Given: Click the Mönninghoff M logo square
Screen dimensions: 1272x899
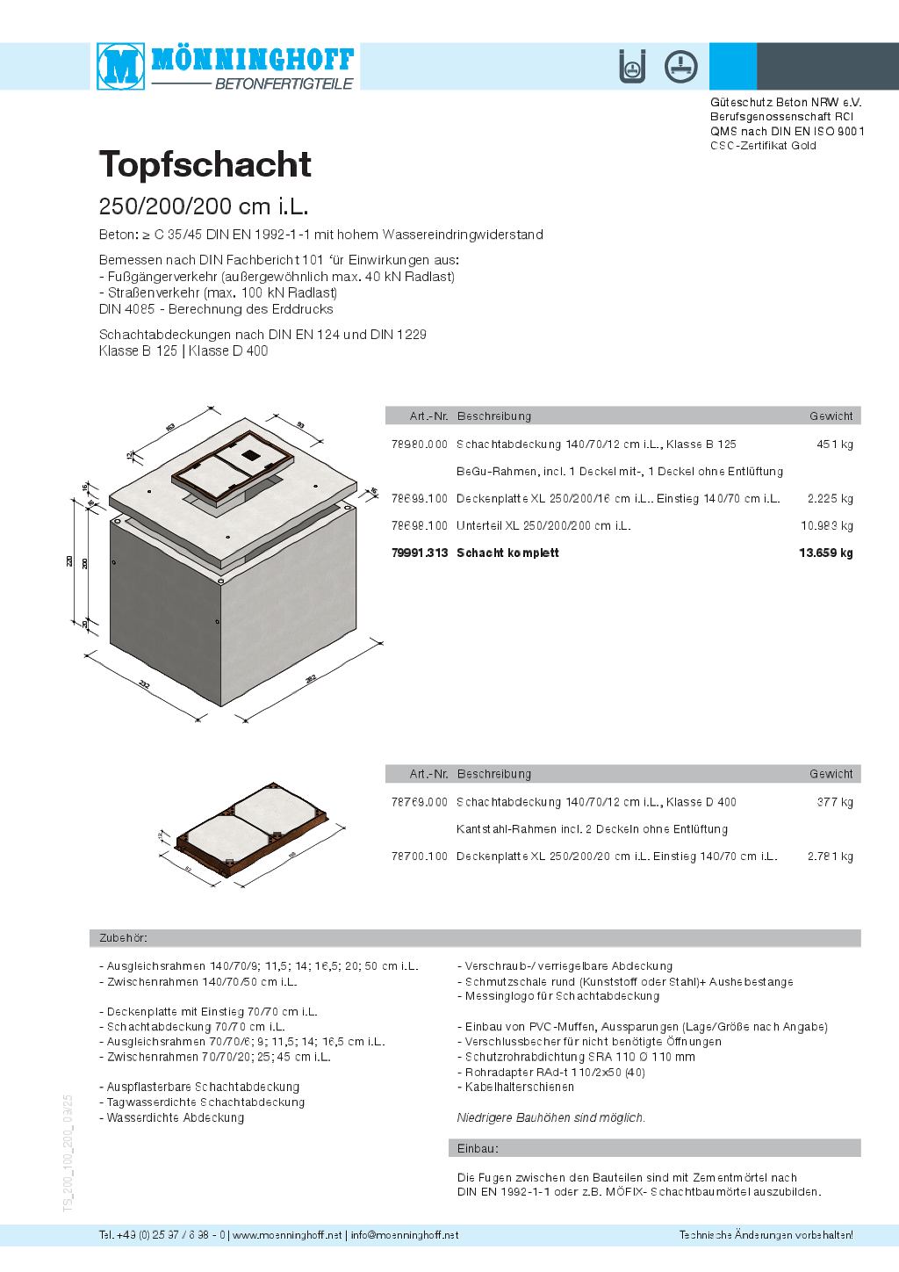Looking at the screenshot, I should [x=121, y=66].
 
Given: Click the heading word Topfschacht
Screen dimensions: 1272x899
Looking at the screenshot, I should [x=205, y=164].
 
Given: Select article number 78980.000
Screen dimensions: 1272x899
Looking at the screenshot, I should [x=420, y=444].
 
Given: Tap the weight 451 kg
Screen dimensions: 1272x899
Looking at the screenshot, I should [x=834, y=444].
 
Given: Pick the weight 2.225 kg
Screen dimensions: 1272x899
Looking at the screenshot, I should [x=830, y=499].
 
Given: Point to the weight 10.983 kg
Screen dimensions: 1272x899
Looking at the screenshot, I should [x=826, y=526].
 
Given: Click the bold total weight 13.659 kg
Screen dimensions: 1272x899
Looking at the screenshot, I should [x=825, y=553].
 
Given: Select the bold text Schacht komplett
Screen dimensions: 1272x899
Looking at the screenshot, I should [x=507, y=553].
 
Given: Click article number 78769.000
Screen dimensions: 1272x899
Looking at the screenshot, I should [x=420, y=802].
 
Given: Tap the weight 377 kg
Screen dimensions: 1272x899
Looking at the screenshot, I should [x=834, y=802].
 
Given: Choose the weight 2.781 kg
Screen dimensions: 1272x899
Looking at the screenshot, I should [x=830, y=856].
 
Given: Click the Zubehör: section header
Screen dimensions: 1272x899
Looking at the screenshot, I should [x=123, y=938].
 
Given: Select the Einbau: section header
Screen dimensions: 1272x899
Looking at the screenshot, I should [x=478, y=1149].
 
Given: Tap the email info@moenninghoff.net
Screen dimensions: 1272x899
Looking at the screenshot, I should [x=405, y=1235].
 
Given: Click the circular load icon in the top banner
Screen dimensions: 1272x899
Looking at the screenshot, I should [x=680, y=67].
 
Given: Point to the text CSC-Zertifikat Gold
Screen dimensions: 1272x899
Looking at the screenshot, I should [x=763, y=146].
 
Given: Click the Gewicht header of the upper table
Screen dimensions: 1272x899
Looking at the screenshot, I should [x=831, y=416].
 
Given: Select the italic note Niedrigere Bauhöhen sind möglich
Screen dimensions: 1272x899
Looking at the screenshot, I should [x=550, y=1118].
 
